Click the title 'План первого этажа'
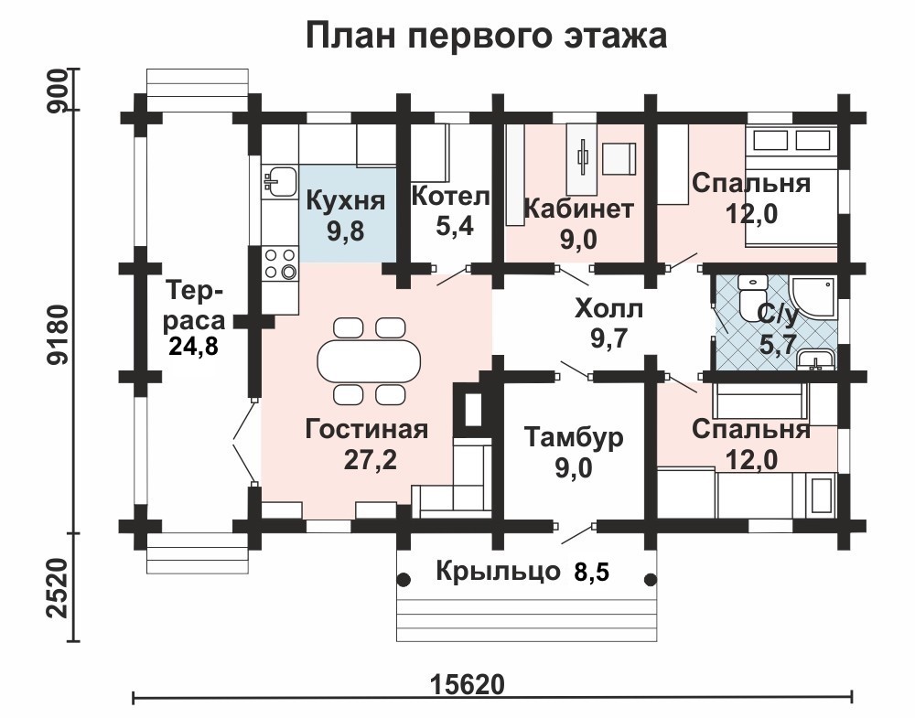pos(486,37)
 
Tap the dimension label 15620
pos(467,684)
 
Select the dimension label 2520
pos(60,588)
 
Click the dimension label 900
pos(60,91)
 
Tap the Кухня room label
pos(346,200)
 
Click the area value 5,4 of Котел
pos(455,226)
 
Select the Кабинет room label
pos(578,209)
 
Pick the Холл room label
pos(608,308)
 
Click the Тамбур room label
pos(574,437)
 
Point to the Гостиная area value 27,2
pos(370,460)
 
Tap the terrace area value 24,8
pos(193,346)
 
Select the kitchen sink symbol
pos(279,181)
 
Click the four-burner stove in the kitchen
pos(280,263)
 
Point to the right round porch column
pos(651,581)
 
